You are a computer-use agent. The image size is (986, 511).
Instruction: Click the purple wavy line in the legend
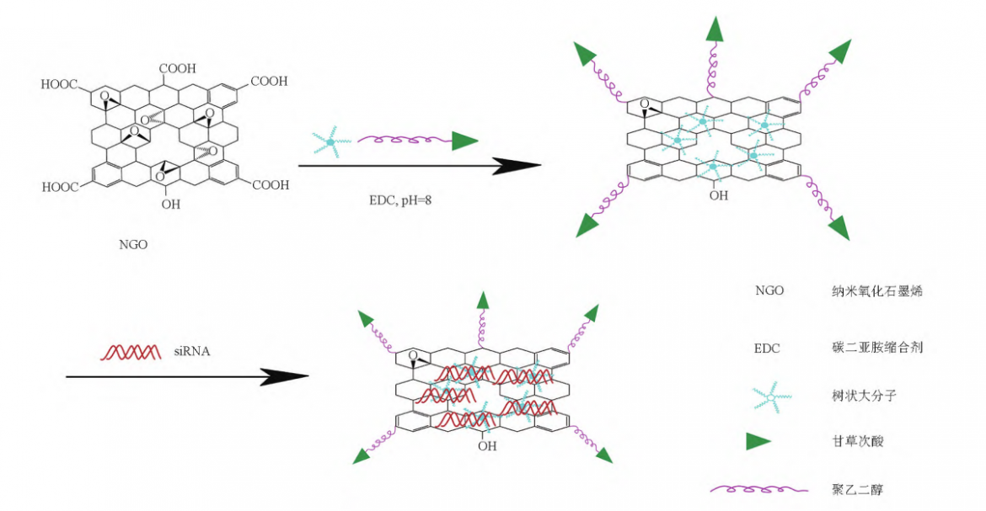click(753, 488)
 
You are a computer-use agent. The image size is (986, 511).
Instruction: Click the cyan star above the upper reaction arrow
click(330, 142)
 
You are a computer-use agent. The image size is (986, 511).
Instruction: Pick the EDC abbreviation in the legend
click(769, 346)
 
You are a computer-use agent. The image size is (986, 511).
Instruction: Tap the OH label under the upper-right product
click(718, 195)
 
